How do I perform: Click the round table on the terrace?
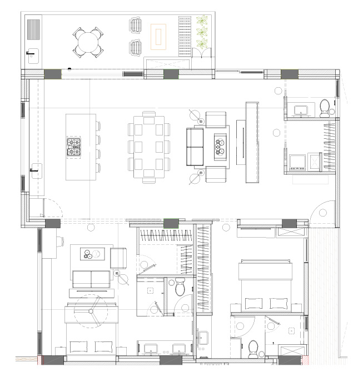(x=88, y=42)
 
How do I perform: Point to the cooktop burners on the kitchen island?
(x=74, y=146)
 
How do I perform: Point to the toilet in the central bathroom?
(x=180, y=288)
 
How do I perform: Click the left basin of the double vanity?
(x=151, y=349)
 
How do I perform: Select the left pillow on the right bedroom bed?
(x=252, y=303)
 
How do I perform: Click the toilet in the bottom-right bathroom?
(x=253, y=348)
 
